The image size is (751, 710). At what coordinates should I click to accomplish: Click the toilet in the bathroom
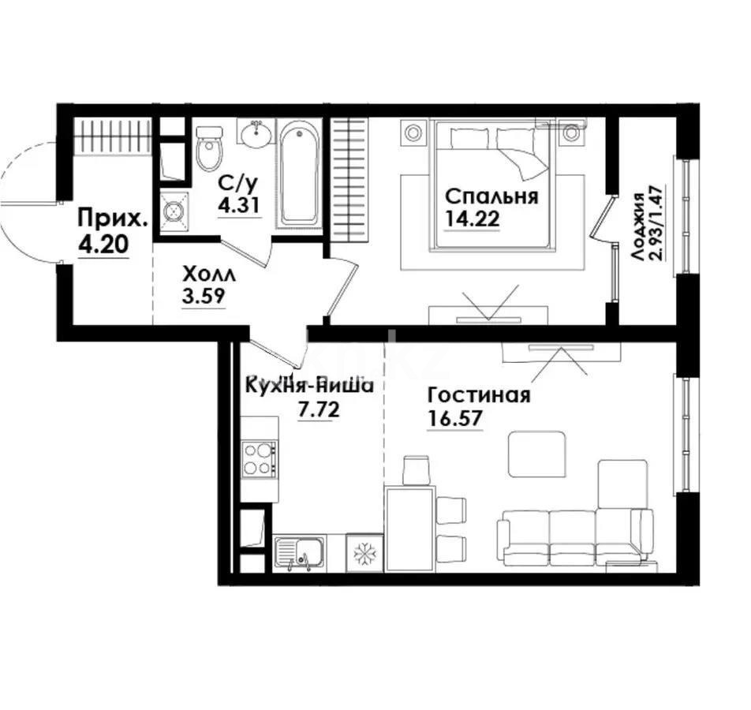click(210, 150)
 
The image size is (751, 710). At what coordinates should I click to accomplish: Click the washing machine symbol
click(174, 210)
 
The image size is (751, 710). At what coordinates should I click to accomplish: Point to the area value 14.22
click(472, 220)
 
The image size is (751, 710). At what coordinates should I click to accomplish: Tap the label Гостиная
click(478, 394)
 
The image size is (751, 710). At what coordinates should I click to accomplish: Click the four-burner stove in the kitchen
click(259, 458)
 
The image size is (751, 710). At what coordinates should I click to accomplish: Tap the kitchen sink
click(300, 551)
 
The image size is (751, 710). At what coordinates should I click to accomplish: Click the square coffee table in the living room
click(536, 453)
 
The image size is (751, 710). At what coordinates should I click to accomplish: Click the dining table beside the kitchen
click(410, 525)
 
